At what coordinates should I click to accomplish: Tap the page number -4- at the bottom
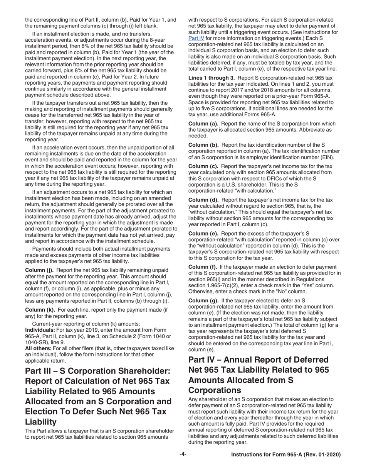click(x=183, y=455)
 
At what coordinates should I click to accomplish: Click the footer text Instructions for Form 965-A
click(x=285, y=455)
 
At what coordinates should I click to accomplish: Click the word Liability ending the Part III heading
click(x=42, y=421)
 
